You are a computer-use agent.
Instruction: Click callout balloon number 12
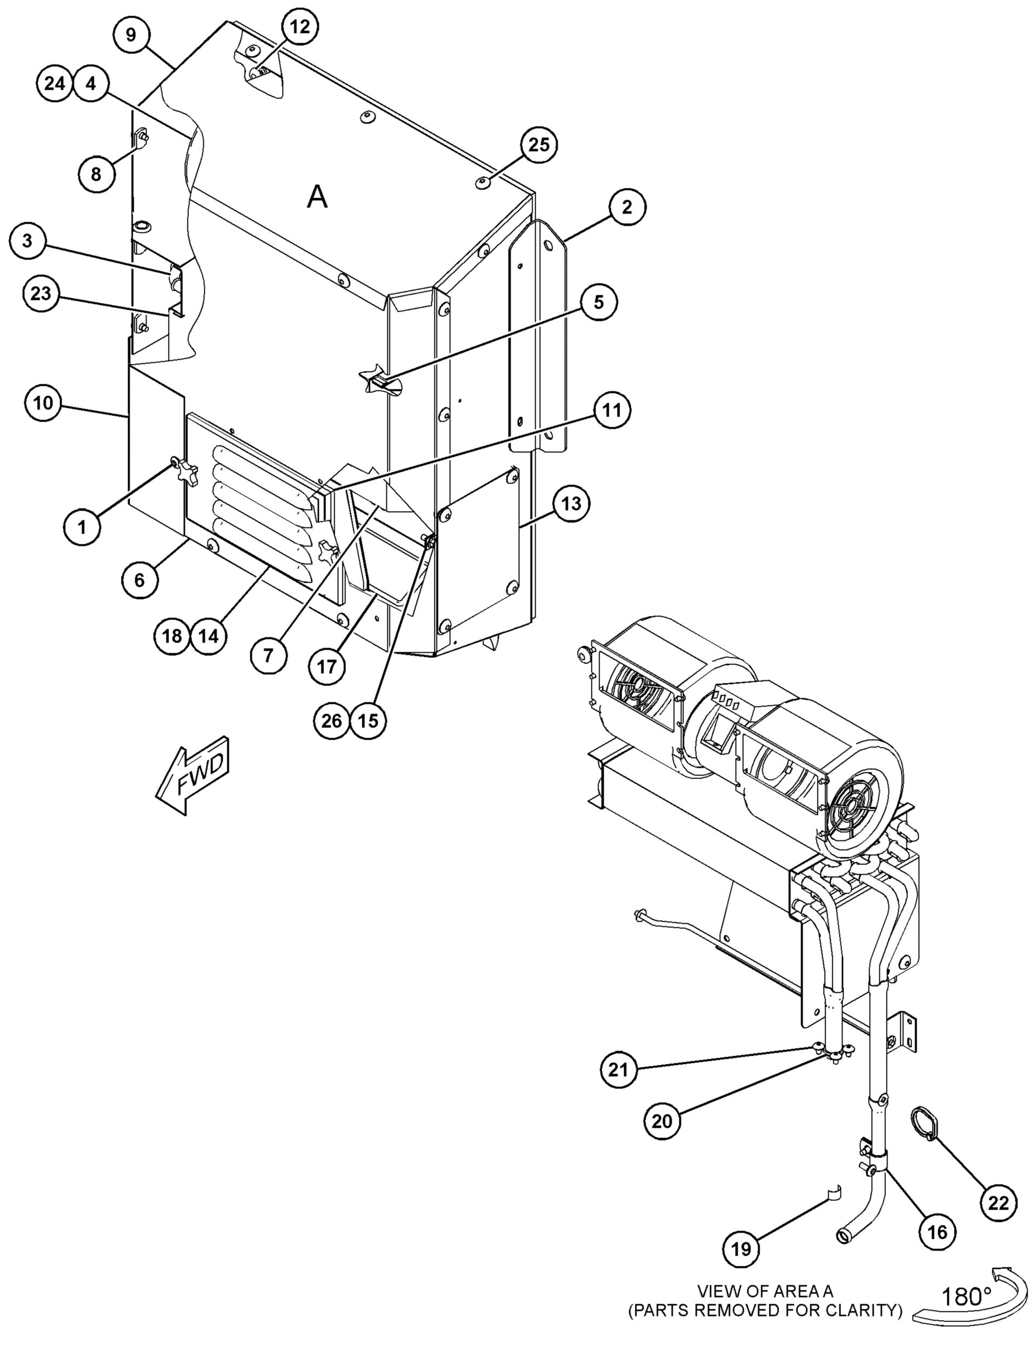(300, 27)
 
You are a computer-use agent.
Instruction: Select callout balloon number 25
(539, 145)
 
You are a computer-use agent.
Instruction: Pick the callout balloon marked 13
(571, 504)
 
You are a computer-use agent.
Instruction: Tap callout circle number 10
(43, 403)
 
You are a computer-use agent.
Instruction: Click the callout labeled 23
(41, 293)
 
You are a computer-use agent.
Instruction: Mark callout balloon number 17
(327, 666)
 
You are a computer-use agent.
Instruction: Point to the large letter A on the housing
(317, 197)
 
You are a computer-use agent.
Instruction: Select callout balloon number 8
(96, 174)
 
